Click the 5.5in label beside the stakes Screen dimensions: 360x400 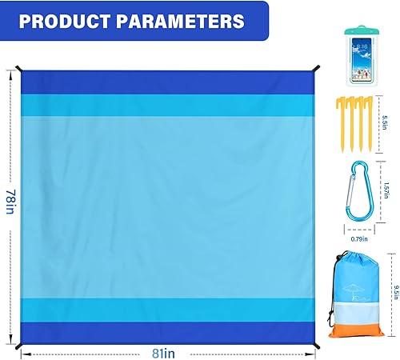point(385,123)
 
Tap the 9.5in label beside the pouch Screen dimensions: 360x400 point(386,287)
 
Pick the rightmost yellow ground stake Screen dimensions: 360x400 point(371,124)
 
